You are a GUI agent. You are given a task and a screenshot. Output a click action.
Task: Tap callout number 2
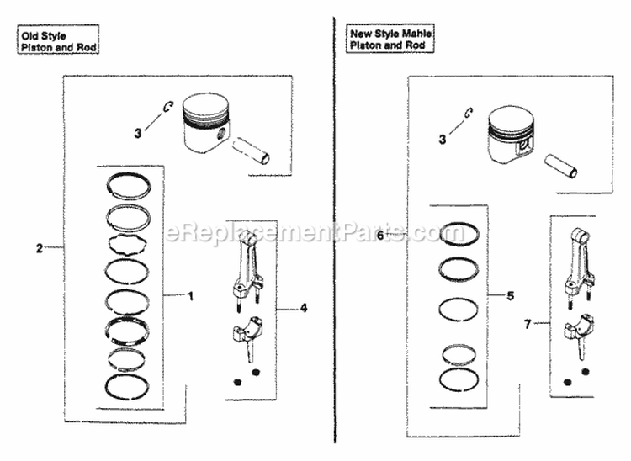(x=39, y=247)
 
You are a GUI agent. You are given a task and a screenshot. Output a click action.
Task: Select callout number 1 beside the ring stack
(x=191, y=295)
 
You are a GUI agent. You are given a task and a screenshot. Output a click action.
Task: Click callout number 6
(x=380, y=236)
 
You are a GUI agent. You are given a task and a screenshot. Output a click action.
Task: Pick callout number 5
(x=509, y=296)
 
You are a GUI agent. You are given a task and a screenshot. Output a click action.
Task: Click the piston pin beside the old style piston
(x=252, y=148)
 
